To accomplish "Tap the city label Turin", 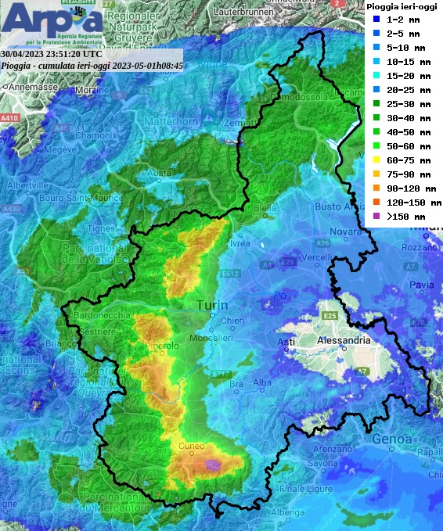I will (x=211, y=305).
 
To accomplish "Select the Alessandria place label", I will (x=344, y=341).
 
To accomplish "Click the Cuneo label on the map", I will (x=192, y=446).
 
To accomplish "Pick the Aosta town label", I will (x=159, y=172).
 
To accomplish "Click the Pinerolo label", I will (x=162, y=345).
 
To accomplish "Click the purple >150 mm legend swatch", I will (x=376, y=217).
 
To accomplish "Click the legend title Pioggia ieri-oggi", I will (x=402, y=6).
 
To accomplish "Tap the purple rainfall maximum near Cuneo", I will (x=211, y=465).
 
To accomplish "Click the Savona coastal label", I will (x=321, y=463).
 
